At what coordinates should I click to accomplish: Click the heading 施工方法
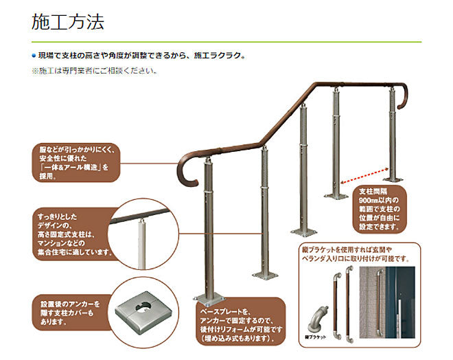(68, 22)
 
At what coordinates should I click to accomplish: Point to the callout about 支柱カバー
(69, 312)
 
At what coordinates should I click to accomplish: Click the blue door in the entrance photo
(412, 302)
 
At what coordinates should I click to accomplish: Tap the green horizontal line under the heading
(226, 42)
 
